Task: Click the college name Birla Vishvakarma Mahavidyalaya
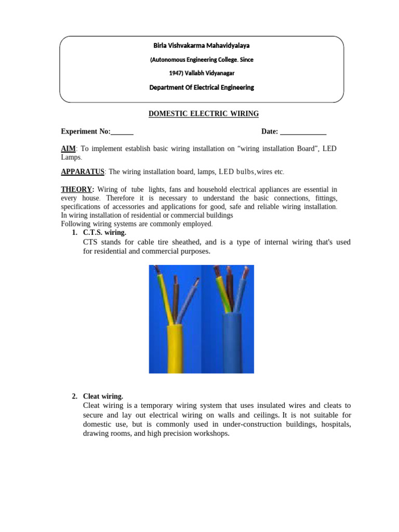[x=201, y=45]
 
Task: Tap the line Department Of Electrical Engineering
[x=201, y=87]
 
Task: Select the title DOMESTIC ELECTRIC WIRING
[x=204, y=114]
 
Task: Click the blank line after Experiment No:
[x=122, y=132]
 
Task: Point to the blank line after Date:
[x=303, y=132]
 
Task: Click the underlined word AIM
[x=68, y=149]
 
